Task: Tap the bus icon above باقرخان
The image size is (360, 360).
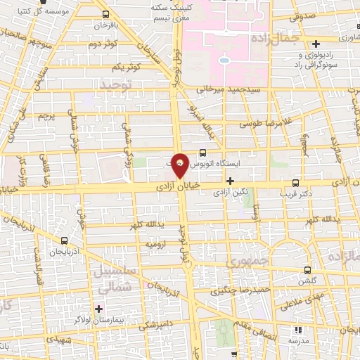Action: (105, 14)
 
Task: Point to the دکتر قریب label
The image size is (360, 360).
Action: (295, 191)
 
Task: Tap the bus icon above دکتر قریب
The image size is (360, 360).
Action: (295, 181)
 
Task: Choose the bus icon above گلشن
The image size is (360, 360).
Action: (309, 269)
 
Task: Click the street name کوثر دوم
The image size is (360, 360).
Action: (102, 44)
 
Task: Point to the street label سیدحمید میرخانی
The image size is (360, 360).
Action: (229, 90)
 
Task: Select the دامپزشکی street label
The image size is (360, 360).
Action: (151, 326)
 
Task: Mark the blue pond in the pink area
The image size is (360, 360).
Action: (224, 60)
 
